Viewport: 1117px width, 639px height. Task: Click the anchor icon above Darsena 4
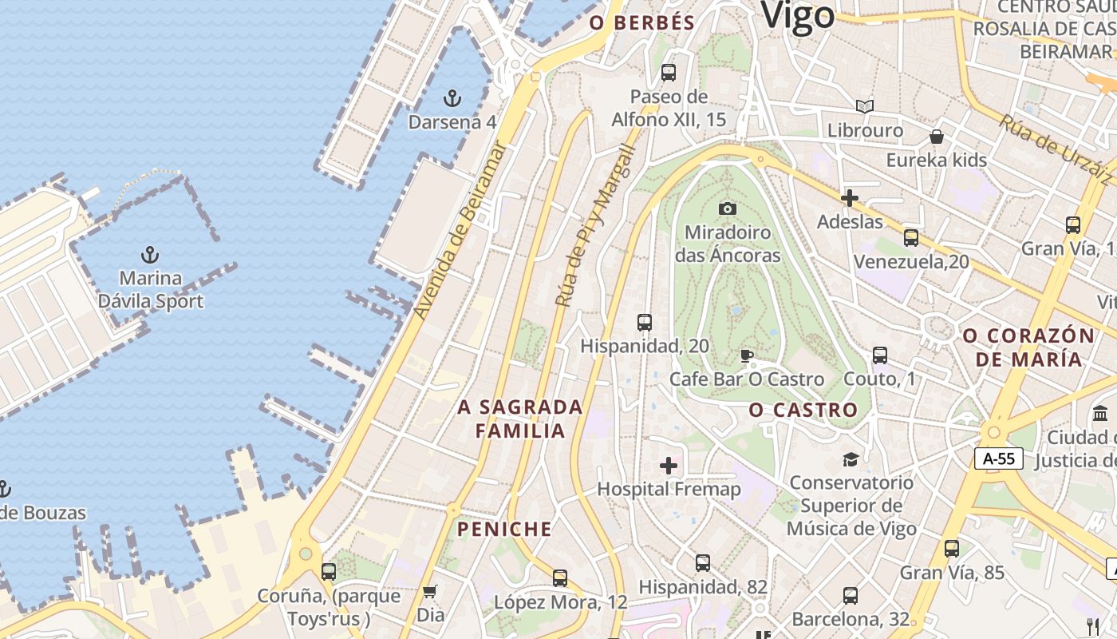click(452, 98)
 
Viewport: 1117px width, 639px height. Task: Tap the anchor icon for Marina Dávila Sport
click(150, 255)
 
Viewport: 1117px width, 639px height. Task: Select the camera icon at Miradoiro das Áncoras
click(727, 208)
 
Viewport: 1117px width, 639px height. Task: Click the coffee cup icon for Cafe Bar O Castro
click(746, 355)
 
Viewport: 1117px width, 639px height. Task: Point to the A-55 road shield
click(998, 458)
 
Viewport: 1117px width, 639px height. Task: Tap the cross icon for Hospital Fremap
click(669, 466)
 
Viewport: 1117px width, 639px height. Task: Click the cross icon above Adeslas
click(850, 198)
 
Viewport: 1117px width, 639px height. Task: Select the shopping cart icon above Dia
click(430, 592)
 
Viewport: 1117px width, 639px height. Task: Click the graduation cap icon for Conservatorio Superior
click(851, 459)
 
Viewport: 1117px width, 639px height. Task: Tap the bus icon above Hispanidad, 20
click(645, 323)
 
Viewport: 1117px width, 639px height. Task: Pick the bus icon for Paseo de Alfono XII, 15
click(669, 73)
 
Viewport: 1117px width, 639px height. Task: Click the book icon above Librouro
click(865, 106)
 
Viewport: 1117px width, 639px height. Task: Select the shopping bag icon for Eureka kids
click(937, 137)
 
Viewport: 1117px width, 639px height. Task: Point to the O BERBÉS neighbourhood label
click(642, 23)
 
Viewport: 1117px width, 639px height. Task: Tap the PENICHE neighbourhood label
click(504, 529)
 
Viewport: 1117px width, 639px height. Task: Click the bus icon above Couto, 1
click(880, 355)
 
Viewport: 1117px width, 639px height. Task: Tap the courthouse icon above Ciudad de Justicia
click(1101, 414)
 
